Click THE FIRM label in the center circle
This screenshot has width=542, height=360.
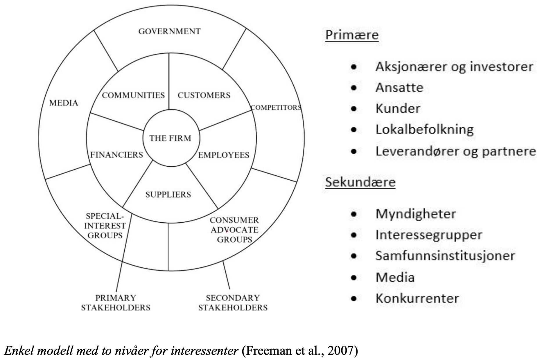(x=171, y=138)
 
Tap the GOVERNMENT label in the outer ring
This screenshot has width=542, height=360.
(x=169, y=31)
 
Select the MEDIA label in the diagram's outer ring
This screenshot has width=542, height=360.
(x=64, y=103)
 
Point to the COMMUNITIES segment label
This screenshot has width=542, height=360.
(x=133, y=95)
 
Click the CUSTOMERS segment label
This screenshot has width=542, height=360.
(x=204, y=95)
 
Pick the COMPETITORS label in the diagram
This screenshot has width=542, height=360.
(x=276, y=108)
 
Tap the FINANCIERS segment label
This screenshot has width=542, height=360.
(x=116, y=155)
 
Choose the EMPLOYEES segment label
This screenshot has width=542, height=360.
(x=224, y=155)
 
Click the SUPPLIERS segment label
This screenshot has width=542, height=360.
(x=168, y=195)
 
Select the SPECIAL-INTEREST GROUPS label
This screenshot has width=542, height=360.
(x=105, y=226)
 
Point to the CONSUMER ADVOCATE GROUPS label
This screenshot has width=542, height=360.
(x=234, y=230)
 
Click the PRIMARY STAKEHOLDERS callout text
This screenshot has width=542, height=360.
(x=116, y=303)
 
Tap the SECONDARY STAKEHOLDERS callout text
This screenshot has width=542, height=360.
(x=233, y=303)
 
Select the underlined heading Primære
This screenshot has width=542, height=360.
(x=352, y=35)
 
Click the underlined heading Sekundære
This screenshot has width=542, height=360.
(x=360, y=182)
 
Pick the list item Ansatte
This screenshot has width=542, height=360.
(x=399, y=88)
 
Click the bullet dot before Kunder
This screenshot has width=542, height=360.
(x=353, y=109)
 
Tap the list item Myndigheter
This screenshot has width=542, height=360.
(x=415, y=214)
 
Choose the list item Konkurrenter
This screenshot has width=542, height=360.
(x=417, y=298)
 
